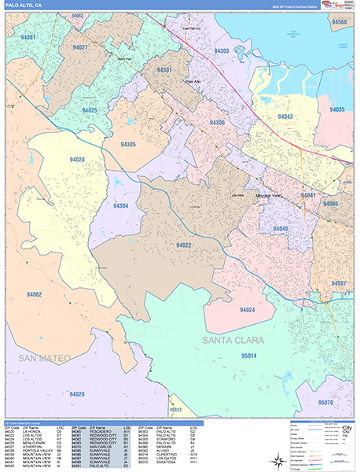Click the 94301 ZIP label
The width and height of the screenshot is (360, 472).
(x=164, y=70)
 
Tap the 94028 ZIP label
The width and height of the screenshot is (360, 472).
(x=77, y=160)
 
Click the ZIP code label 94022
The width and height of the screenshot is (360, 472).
(x=184, y=245)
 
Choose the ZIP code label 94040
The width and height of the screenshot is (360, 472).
(x=281, y=228)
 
